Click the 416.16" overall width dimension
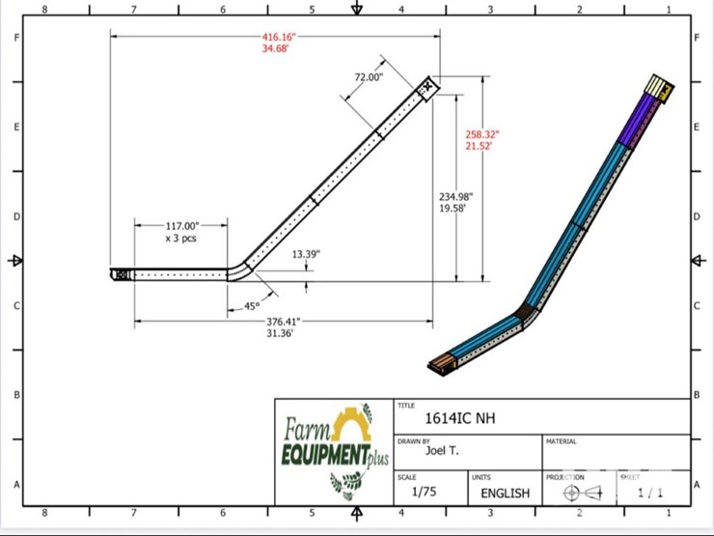(276, 37)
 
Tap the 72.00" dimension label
(369, 77)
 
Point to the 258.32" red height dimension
(482, 134)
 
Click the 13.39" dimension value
(306, 255)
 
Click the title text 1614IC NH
(460, 419)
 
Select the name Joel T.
(442, 451)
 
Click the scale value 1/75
(424, 492)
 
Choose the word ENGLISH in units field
(506, 493)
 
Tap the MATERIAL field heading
(562, 441)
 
